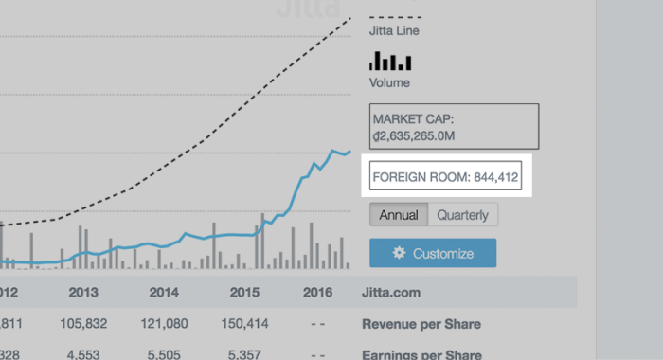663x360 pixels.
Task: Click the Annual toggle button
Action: coord(399,215)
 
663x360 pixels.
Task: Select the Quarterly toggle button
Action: coord(463,215)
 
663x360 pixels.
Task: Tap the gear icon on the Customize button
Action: coord(399,254)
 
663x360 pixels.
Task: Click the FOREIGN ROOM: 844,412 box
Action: coord(445,176)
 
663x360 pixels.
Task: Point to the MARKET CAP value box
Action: coord(455,127)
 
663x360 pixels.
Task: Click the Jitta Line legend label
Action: coord(394,31)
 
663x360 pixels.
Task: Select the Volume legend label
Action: coord(389,82)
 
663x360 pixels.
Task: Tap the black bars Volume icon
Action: coord(390,63)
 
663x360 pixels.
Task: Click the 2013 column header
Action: coord(83,293)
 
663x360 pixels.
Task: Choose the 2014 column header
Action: coord(164,293)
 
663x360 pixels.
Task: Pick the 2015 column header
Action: coord(244,293)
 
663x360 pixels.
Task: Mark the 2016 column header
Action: coord(317,293)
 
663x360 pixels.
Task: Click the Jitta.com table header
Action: coord(392,293)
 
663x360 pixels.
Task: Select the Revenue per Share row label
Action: coord(421,325)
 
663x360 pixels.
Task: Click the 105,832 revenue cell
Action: coord(83,325)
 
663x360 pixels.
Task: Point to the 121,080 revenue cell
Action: coord(164,325)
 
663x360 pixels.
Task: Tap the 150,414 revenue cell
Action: coord(244,325)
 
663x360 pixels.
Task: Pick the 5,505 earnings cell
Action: coord(164,353)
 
